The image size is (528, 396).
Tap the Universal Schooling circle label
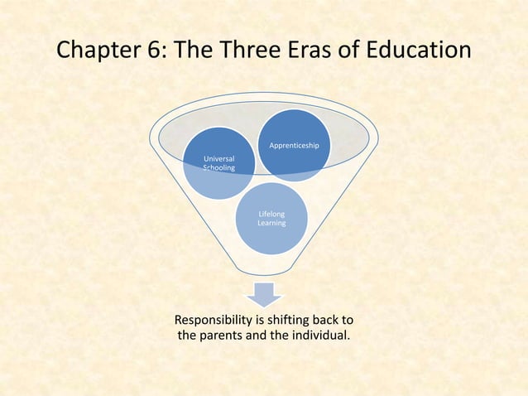(219, 163)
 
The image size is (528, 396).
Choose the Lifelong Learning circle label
(271, 219)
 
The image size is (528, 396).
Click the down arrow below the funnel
(264, 293)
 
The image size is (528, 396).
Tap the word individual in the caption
(316, 336)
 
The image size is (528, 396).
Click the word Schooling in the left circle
(219, 168)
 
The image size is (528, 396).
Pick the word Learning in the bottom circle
(271, 224)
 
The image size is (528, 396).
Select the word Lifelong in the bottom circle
(271, 214)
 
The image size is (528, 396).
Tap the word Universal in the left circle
(219, 158)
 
